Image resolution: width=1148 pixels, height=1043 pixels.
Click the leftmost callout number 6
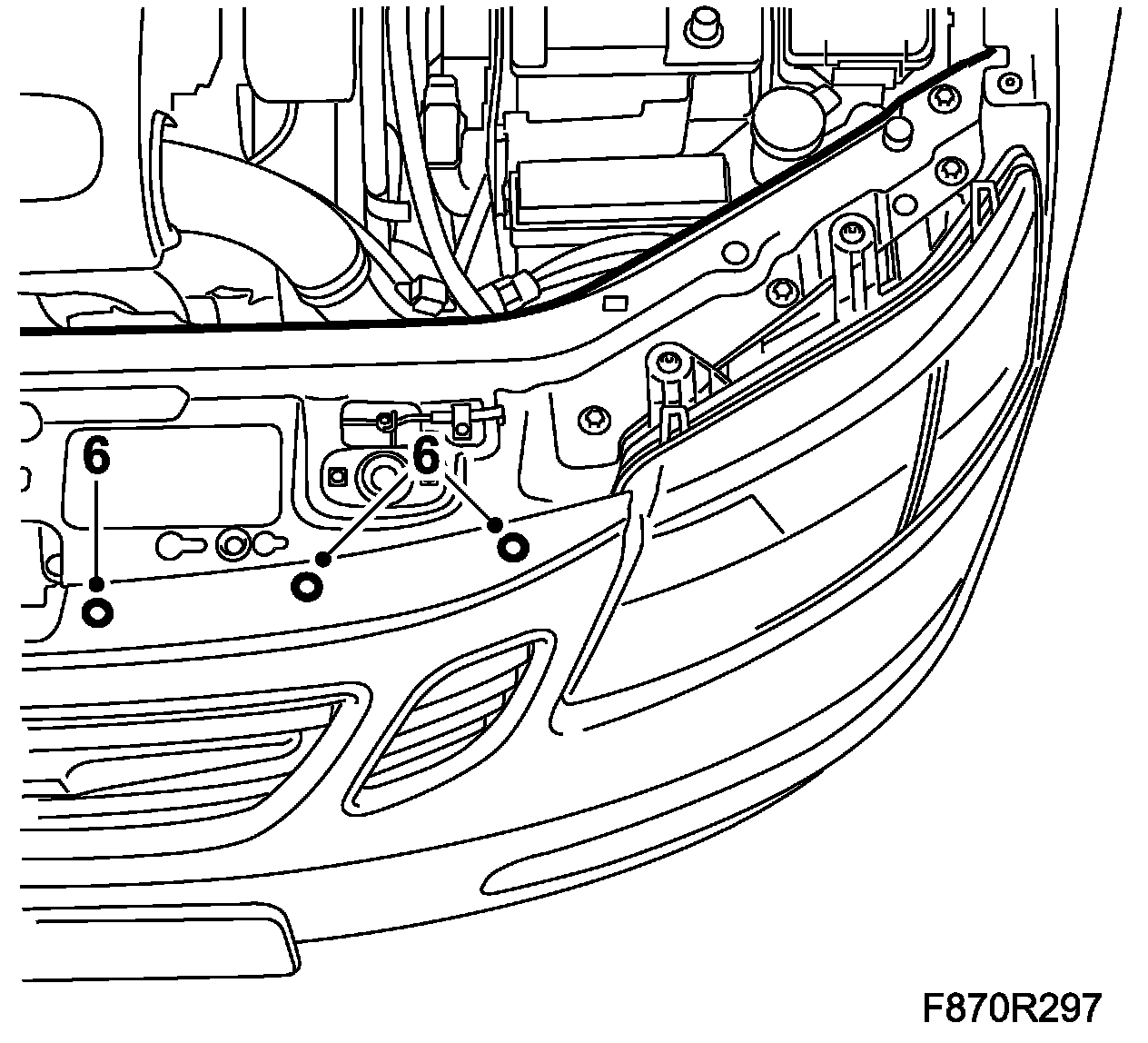click(96, 454)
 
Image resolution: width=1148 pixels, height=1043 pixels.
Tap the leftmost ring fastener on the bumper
click(97, 613)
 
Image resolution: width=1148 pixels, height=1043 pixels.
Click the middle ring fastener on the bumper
click(307, 587)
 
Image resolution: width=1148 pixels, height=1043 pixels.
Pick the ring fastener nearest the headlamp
click(512, 547)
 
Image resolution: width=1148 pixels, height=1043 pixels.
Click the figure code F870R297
click(1012, 1008)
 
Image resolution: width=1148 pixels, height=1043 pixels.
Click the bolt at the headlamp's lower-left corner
click(595, 417)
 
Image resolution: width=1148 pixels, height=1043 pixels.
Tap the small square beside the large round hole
click(339, 474)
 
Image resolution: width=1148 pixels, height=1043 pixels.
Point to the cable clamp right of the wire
click(462, 419)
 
